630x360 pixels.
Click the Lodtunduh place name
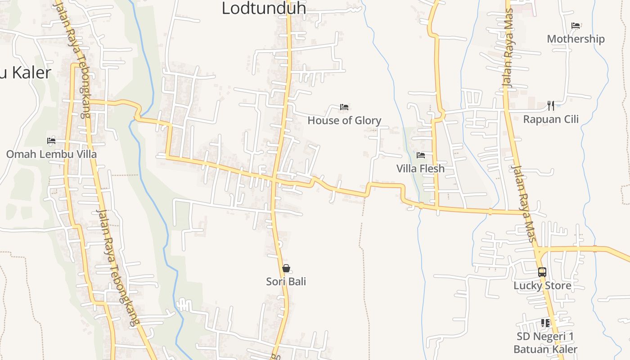[x=264, y=8]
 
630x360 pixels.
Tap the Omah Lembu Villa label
[x=51, y=154]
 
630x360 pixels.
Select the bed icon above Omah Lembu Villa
[x=51, y=141]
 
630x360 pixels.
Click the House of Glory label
[x=344, y=120]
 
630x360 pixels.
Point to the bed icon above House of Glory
[x=344, y=107]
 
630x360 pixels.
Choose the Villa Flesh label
[x=420, y=169]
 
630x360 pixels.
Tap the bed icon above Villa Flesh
[x=421, y=155]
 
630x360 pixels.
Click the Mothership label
[x=576, y=39]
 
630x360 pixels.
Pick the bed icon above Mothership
[x=576, y=26]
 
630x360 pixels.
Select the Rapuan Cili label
[x=551, y=119]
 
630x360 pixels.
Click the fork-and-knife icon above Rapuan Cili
[x=551, y=106]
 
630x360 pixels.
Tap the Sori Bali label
[x=286, y=282]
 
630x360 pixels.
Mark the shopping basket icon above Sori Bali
[x=286, y=268]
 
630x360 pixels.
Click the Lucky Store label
[x=542, y=286]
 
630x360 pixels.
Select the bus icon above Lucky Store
[x=542, y=272]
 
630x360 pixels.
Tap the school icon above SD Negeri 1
[x=545, y=323]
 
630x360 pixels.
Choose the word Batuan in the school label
[x=531, y=349]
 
